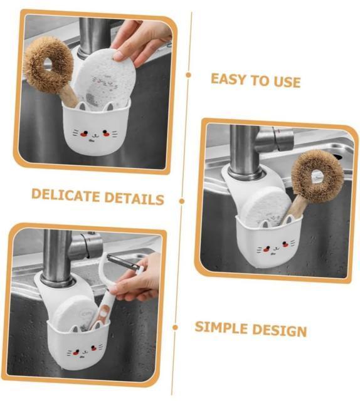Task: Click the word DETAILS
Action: (134, 199)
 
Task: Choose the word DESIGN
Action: (280, 330)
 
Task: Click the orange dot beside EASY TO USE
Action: (188, 75)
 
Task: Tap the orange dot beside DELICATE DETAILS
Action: (182, 201)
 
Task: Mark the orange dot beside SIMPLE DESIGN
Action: (176, 327)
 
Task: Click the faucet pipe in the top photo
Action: (95, 36)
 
